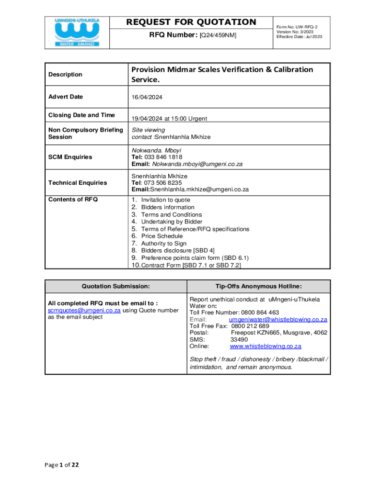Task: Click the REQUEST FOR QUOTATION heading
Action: point(191,22)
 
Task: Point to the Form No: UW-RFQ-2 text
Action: point(297,27)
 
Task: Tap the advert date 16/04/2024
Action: point(147,97)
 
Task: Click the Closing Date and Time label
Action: point(81,115)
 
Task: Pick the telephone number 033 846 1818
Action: point(164,157)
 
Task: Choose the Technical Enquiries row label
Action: point(78,183)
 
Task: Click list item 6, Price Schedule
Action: point(161,236)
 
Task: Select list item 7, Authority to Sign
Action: point(163,244)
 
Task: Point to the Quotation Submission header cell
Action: point(116,286)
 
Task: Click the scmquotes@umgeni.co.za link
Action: point(84,310)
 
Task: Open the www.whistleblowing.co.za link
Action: point(265,346)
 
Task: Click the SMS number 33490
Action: point(239,339)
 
